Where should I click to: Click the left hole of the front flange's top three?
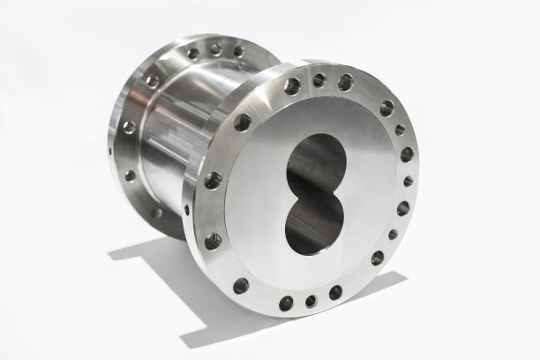[x=292, y=86]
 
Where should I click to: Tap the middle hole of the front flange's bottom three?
[x=311, y=301]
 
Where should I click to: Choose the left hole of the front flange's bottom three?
[x=286, y=303]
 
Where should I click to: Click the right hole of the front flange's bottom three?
[x=335, y=292]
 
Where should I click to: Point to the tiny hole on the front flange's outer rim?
[x=186, y=210]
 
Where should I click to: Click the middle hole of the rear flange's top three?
[x=215, y=49]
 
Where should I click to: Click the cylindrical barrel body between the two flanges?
[x=176, y=132]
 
